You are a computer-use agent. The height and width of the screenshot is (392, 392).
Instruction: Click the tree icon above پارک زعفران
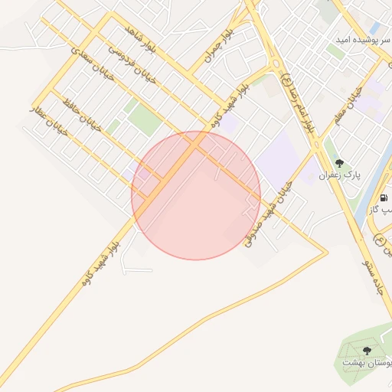(x=339, y=163)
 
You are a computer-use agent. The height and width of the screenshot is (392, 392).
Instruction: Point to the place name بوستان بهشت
(x=366, y=363)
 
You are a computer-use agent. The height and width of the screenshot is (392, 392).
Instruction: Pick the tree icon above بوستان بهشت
(x=366, y=351)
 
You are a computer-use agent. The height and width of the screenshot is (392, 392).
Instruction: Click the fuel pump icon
(x=382, y=197)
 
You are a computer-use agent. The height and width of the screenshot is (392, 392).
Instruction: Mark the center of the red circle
(x=196, y=195)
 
